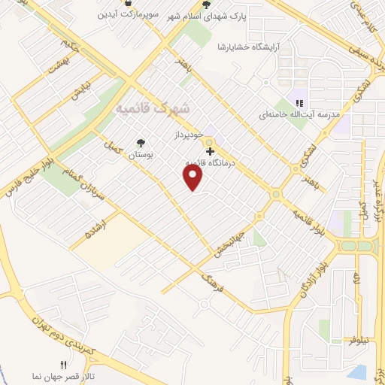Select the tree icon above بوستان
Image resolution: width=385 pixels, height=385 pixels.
click(x=140, y=142)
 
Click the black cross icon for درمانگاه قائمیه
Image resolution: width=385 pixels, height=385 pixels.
click(x=209, y=152)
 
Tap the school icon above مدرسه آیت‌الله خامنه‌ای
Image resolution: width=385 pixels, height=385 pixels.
click(x=299, y=103)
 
